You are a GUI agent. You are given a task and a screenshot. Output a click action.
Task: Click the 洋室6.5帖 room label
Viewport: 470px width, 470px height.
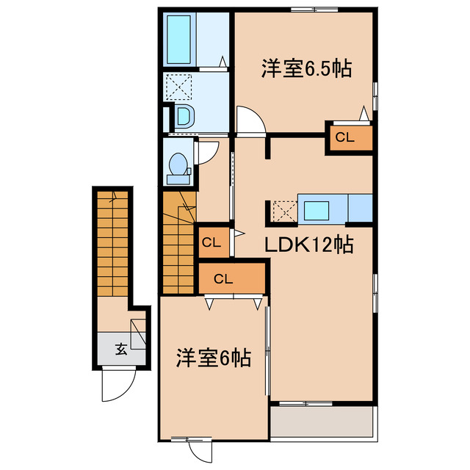coord(304,69)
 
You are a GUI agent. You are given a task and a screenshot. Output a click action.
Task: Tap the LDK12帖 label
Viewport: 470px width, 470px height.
coord(311,244)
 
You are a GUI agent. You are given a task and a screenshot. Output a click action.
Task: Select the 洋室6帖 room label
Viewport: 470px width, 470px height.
coord(213,358)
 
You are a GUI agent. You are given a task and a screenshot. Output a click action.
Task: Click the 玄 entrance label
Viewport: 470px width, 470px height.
coord(121,350)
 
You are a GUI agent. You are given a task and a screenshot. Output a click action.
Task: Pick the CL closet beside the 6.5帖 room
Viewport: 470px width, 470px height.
coord(344,137)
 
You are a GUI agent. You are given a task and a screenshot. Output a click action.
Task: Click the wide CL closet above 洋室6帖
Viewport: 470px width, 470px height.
coord(223,278)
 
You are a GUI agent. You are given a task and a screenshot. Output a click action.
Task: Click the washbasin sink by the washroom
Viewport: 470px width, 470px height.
coord(184,115)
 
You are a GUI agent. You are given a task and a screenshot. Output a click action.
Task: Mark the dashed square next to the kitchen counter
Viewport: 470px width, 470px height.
coord(283,211)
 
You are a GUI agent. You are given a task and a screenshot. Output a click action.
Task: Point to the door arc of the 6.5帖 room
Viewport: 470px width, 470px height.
coord(247,120)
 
